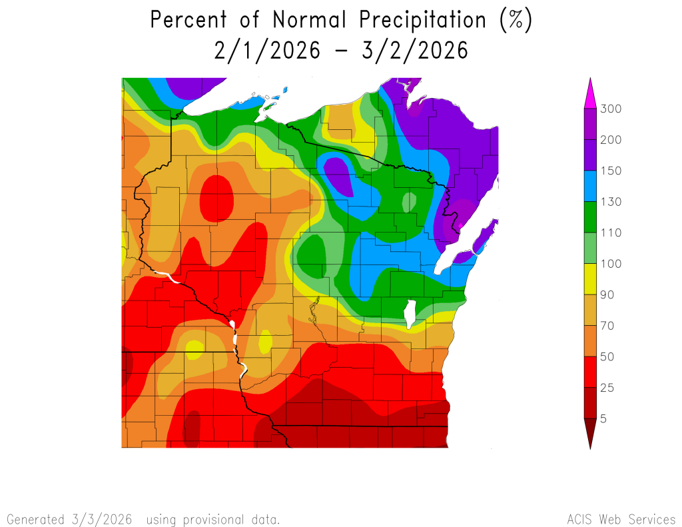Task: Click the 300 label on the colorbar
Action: (611, 109)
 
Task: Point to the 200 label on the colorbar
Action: (611, 140)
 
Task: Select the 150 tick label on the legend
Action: (611, 171)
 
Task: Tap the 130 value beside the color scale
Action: (611, 202)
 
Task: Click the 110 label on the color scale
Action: (611, 233)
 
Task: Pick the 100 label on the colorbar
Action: (611, 264)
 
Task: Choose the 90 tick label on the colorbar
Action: (608, 294)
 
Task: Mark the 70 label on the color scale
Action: (608, 326)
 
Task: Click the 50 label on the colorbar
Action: (608, 356)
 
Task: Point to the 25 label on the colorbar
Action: (608, 388)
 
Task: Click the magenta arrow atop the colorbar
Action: (590, 94)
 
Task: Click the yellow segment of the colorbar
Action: (590, 279)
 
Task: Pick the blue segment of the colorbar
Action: (590, 186)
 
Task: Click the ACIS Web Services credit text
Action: (621, 519)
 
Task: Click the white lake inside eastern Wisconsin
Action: (410, 311)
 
